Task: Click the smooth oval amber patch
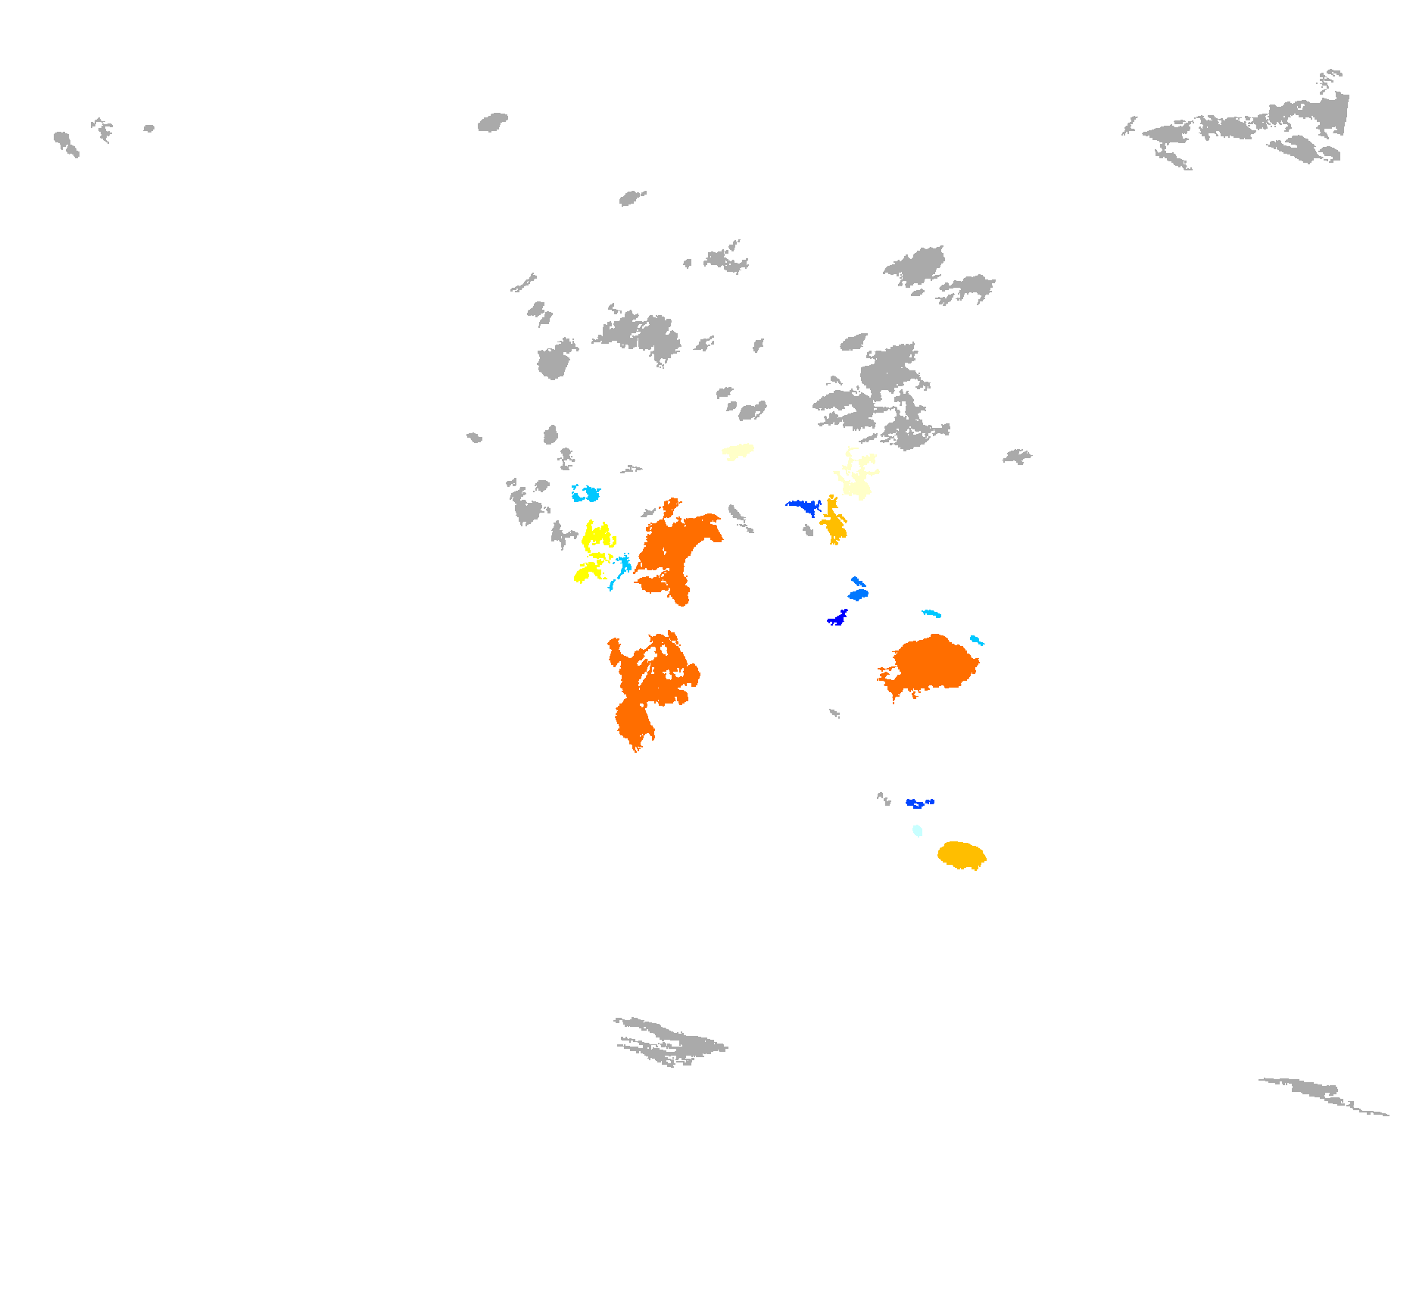click(961, 855)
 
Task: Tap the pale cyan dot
click(917, 831)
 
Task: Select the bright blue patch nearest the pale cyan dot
click(918, 803)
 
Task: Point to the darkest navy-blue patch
click(837, 619)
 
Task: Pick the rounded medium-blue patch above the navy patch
click(858, 594)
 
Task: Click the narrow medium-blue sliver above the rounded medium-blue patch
click(857, 582)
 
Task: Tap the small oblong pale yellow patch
click(738, 451)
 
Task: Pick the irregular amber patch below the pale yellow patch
click(834, 521)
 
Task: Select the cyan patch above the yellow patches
click(586, 495)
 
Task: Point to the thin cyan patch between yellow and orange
click(623, 566)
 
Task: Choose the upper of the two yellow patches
click(597, 535)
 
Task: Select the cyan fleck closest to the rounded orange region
click(976, 641)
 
